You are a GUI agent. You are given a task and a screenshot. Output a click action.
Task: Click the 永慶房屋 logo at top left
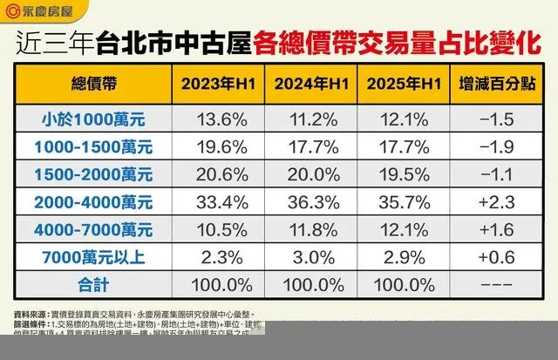coord(38,13)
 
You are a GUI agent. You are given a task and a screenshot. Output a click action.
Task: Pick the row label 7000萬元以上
coord(92,257)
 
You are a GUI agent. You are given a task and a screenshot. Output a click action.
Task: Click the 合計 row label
coord(92,286)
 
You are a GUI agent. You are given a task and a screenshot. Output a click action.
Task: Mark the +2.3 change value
coord(497,201)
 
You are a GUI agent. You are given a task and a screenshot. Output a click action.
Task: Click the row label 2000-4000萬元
coord(92,201)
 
